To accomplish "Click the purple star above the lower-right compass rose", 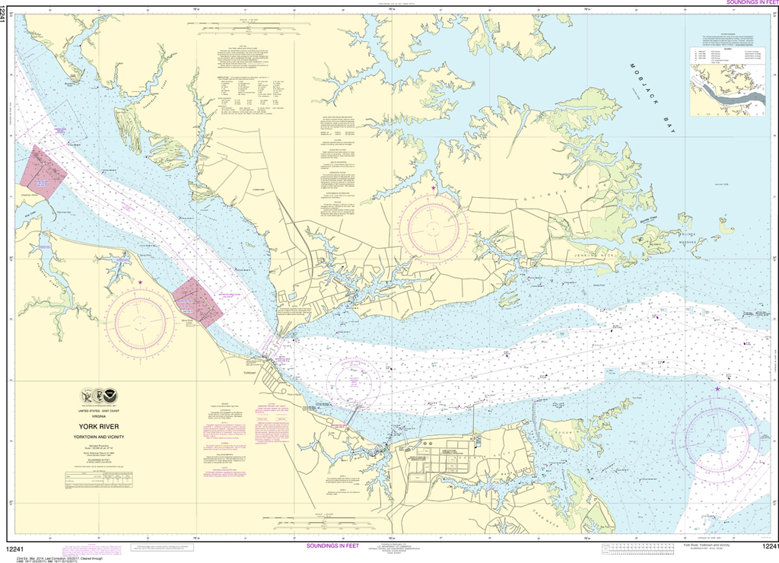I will point(717,390).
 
